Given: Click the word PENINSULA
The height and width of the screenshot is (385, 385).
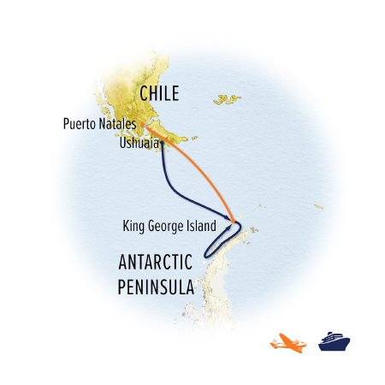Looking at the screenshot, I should click(x=155, y=288).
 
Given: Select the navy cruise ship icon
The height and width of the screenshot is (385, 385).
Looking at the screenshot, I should click(x=335, y=342).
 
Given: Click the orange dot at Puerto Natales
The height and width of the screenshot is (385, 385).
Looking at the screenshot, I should click(x=145, y=127).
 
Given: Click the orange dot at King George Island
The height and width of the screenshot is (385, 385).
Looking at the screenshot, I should click(x=234, y=221).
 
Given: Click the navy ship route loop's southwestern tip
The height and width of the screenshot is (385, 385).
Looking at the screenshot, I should click(x=205, y=253).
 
